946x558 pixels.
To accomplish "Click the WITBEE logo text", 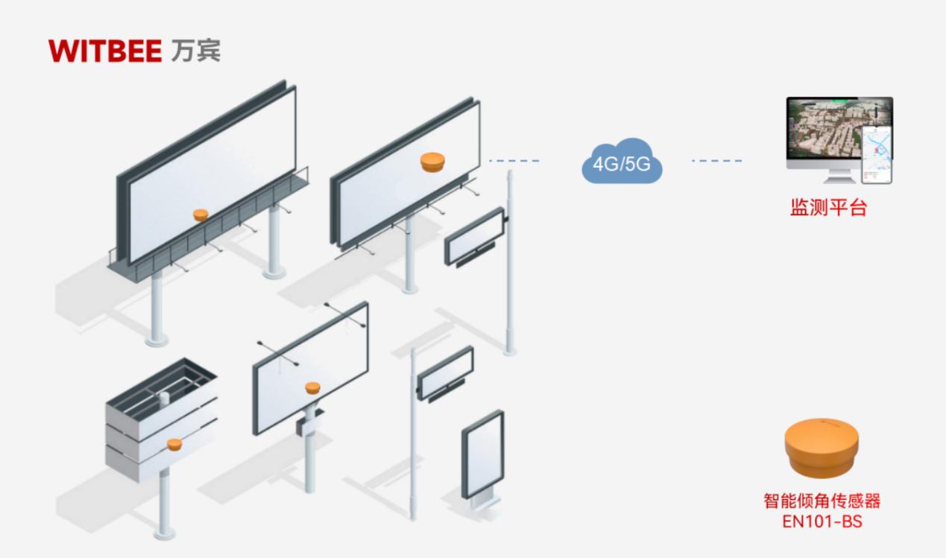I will point(104,52).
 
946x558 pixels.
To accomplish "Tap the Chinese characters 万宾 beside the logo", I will point(196,52).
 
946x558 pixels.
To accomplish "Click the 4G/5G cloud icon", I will point(621,165).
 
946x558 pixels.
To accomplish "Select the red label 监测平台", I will point(828,207).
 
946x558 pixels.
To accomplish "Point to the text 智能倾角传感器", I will point(822,501).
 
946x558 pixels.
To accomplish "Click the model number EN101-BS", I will point(822,521).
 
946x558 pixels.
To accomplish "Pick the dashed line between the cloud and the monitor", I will point(716,160).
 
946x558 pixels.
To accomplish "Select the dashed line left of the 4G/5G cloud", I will point(514,160).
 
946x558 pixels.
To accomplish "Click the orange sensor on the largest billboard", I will point(201,215).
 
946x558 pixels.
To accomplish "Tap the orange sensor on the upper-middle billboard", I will point(432,162).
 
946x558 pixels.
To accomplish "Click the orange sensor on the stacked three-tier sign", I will point(174,445).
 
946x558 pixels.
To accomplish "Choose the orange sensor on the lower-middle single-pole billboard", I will point(312,387).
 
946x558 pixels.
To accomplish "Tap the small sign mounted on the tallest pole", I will point(474,235).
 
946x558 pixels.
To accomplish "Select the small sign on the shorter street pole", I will point(445,372).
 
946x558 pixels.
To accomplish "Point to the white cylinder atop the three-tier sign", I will point(164,399).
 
